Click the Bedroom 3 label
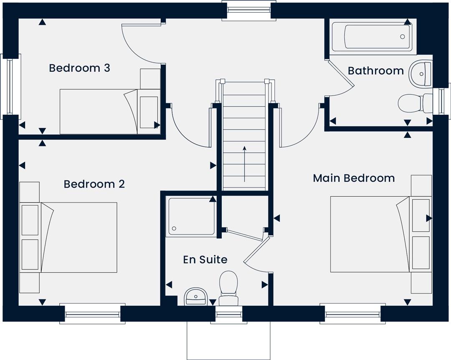pos(79,68)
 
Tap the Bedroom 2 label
pos(94,184)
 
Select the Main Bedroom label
pos(354,178)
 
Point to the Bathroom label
pos(376,71)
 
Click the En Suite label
pos(205,260)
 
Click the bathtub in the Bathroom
pos(372,37)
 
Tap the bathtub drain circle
pos(403,37)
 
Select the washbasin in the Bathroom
pos(420,74)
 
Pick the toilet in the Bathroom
pos(415,103)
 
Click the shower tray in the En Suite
pos(191,217)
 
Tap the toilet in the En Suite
pos(229,288)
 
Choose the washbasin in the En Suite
pos(196,297)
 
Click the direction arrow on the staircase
pos(244,164)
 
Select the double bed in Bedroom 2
pos(68,237)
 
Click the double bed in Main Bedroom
pos(381,234)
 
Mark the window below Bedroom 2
pos(92,314)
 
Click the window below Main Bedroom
pos(352,314)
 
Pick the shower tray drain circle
pos(174,228)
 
